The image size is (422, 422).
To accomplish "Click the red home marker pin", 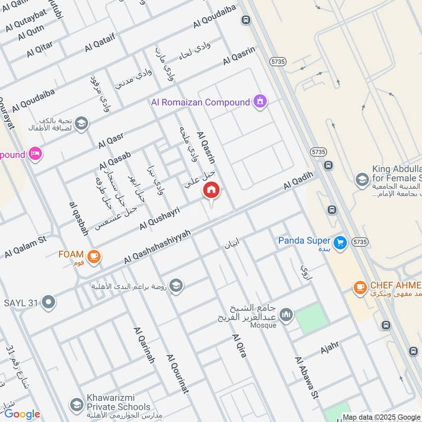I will [x=212, y=190].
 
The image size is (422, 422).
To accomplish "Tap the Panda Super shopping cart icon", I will [x=340, y=242].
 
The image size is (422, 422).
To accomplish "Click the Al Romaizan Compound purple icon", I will [x=260, y=101].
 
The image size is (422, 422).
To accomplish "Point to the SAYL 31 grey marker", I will [x=49, y=303].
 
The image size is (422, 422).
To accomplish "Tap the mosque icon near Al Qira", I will [x=285, y=315].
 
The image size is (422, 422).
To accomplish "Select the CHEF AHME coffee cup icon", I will [x=360, y=287].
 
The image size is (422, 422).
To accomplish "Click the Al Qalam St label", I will [x=25, y=247].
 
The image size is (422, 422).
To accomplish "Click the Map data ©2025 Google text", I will [x=381, y=417].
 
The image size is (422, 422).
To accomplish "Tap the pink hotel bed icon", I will [x=36, y=155].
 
